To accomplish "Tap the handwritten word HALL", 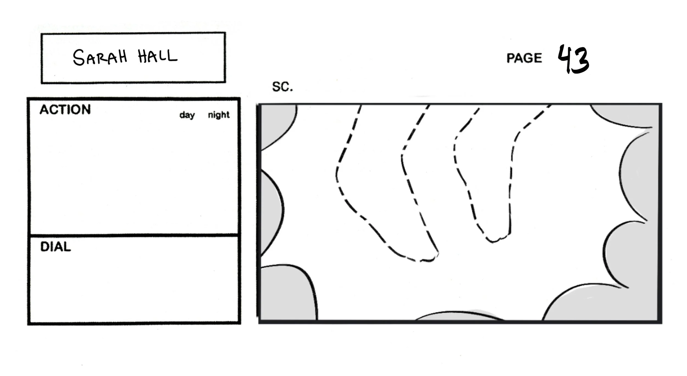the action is point(157,56).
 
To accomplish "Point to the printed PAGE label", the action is point(524,58).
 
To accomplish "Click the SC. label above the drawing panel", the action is point(282,87).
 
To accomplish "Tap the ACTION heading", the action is point(65,110).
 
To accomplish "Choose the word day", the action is point(187,115).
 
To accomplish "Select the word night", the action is point(218,115).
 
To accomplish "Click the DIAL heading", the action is point(56,247).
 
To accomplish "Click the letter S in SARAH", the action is point(79,58).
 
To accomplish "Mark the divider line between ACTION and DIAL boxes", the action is point(134,235).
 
